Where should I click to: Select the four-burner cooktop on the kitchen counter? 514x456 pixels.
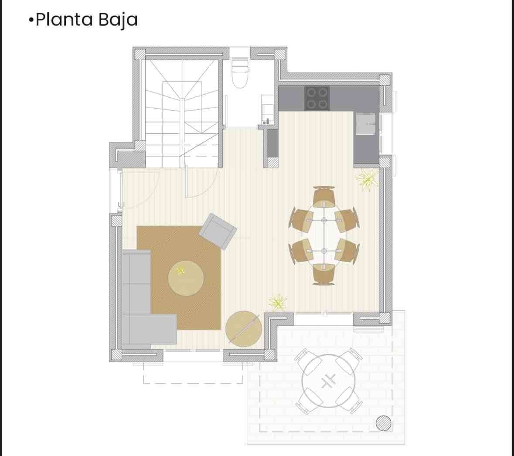pyautogui.click(x=317, y=98)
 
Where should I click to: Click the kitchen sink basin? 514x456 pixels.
pyautogui.click(x=365, y=124)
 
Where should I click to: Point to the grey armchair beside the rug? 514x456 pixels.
pyautogui.click(x=218, y=231)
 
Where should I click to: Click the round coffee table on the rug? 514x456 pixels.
pyautogui.click(x=186, y=278)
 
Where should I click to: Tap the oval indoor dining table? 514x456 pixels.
pyautogui.click(x=324, y=235)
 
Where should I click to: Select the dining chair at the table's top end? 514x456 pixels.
pyautogui.click(x=324, y=196)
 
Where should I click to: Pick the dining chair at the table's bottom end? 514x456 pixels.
pyautogui.click(x=324, y=274)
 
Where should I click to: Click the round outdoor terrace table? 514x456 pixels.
pyautogui.click(x=328, y=381)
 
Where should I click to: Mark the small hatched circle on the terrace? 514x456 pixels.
pyautogui.click(x=383, y=423)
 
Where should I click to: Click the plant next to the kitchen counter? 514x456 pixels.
pyautogui.click(x=367, y=180)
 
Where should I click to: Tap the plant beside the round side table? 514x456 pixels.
pyautogui.click(x=278, y=303)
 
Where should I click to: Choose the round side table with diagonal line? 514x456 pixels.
pyautogui.click(x=244, y=329)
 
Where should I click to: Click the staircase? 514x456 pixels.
pyautogui.click(x=182, y=113)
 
